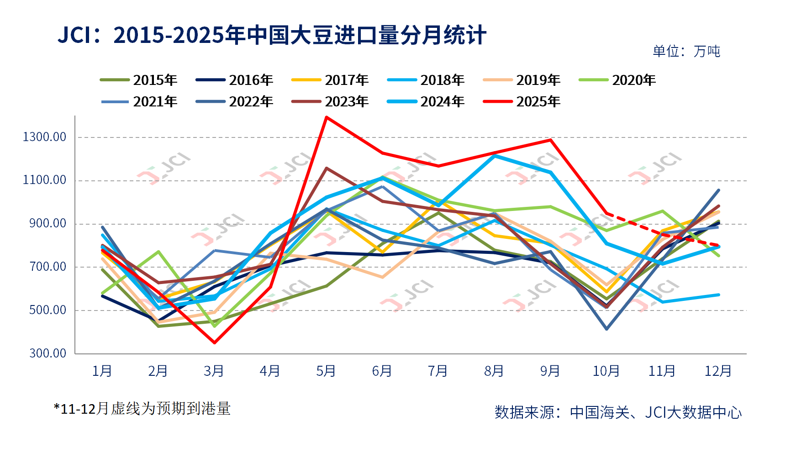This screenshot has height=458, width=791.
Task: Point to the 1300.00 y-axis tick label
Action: click(x=45, y=137)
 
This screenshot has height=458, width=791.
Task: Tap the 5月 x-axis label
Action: click(x=326, y=371)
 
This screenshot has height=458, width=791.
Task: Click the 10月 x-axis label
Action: click(x=606, y=371)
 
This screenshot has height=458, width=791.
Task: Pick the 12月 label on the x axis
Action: click(x=718, y=371)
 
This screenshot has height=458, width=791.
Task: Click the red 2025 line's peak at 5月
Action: click(x=326, y=117)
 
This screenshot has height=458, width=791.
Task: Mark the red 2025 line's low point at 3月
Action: click(x=215, y=342)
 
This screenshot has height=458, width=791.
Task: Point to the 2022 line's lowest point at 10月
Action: click(x=606, y=329)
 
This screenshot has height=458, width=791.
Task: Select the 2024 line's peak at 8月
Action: click(x=495, y=156)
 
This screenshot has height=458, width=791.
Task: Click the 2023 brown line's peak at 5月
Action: click(x=326, y=168)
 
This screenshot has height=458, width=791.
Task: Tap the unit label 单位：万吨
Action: click(x=686, y=51)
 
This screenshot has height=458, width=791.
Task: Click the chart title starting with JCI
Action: click(x=272, y=35)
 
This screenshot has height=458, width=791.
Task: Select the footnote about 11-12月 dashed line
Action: click(x=142, y=408)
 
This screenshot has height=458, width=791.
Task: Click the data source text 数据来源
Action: click(x=618, y=412)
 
